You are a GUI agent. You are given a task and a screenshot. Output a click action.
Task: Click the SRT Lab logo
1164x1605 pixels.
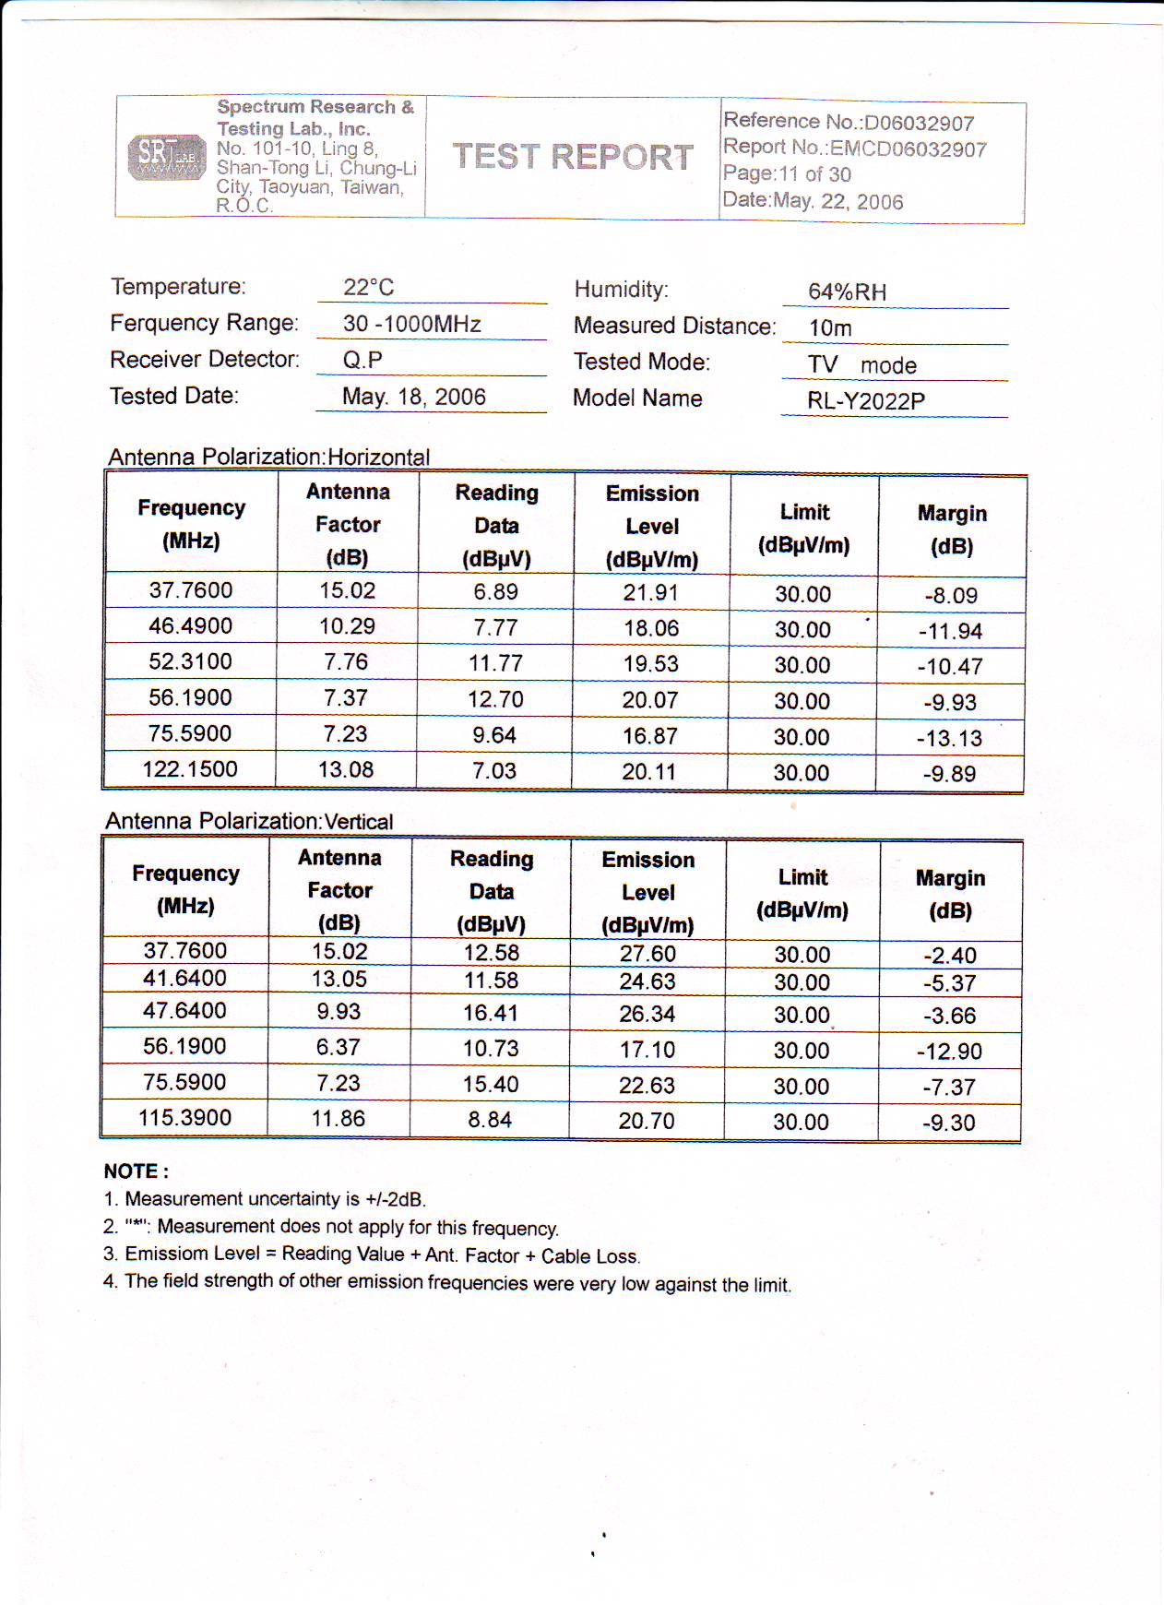tap(167, 157)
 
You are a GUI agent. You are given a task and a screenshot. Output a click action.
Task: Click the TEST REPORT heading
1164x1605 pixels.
tap(573, 157)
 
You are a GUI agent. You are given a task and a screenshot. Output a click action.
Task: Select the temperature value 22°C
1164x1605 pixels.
tap(369, 288)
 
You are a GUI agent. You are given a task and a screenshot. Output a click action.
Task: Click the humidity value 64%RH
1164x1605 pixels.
tap(847, 292)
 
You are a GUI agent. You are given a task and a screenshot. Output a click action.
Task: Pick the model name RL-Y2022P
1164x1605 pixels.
tap(865, 401)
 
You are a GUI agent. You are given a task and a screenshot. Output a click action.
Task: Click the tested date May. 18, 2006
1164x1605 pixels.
tap(413, 397)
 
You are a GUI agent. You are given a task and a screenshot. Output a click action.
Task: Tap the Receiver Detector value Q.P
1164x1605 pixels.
tap(362, 360)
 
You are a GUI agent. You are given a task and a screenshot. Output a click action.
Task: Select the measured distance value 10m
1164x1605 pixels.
tap(830, 328)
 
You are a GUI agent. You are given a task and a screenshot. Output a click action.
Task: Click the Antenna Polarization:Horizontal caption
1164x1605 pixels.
tap(269, 457)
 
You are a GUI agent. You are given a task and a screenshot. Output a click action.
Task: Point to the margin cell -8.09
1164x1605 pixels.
tap(951, 596)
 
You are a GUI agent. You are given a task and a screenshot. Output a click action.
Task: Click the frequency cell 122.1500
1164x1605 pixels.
tap(190, 769)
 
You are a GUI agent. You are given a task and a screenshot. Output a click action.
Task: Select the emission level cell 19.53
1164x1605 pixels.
tap(650, 664)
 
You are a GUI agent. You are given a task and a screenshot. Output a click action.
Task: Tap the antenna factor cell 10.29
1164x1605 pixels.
tap(347, 627)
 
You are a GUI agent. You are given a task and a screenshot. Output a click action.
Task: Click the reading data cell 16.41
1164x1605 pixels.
tap(491, 1013)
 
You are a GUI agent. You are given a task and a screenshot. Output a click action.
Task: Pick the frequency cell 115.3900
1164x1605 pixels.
tap(184, 1118)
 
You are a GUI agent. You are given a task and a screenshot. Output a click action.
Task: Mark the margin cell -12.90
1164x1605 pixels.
tap(949, 1052)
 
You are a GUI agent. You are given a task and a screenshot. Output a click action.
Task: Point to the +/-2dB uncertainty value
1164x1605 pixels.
tap(395, 1200)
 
